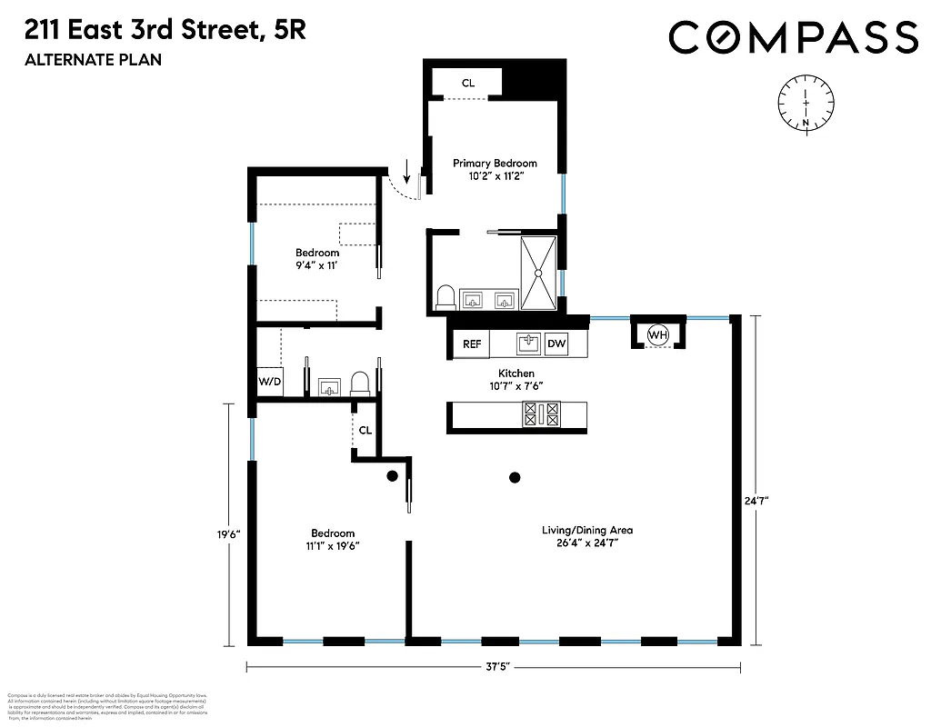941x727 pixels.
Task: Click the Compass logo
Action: (x=793, y=37)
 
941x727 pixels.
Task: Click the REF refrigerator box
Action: (x=472, y=344)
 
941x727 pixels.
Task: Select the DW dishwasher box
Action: (x=556, y=344)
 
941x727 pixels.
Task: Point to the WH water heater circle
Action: (x=657, y=335)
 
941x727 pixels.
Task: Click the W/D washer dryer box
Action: (x=269, y=381)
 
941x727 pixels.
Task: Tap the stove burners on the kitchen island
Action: (x=540, y=415)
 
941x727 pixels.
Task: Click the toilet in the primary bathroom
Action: (x=445, y=298)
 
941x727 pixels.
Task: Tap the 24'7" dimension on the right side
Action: (x=754, y=500)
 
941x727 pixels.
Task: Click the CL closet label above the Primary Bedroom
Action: (x=467, y=84)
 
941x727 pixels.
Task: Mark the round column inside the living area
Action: (x=515, y=477)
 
